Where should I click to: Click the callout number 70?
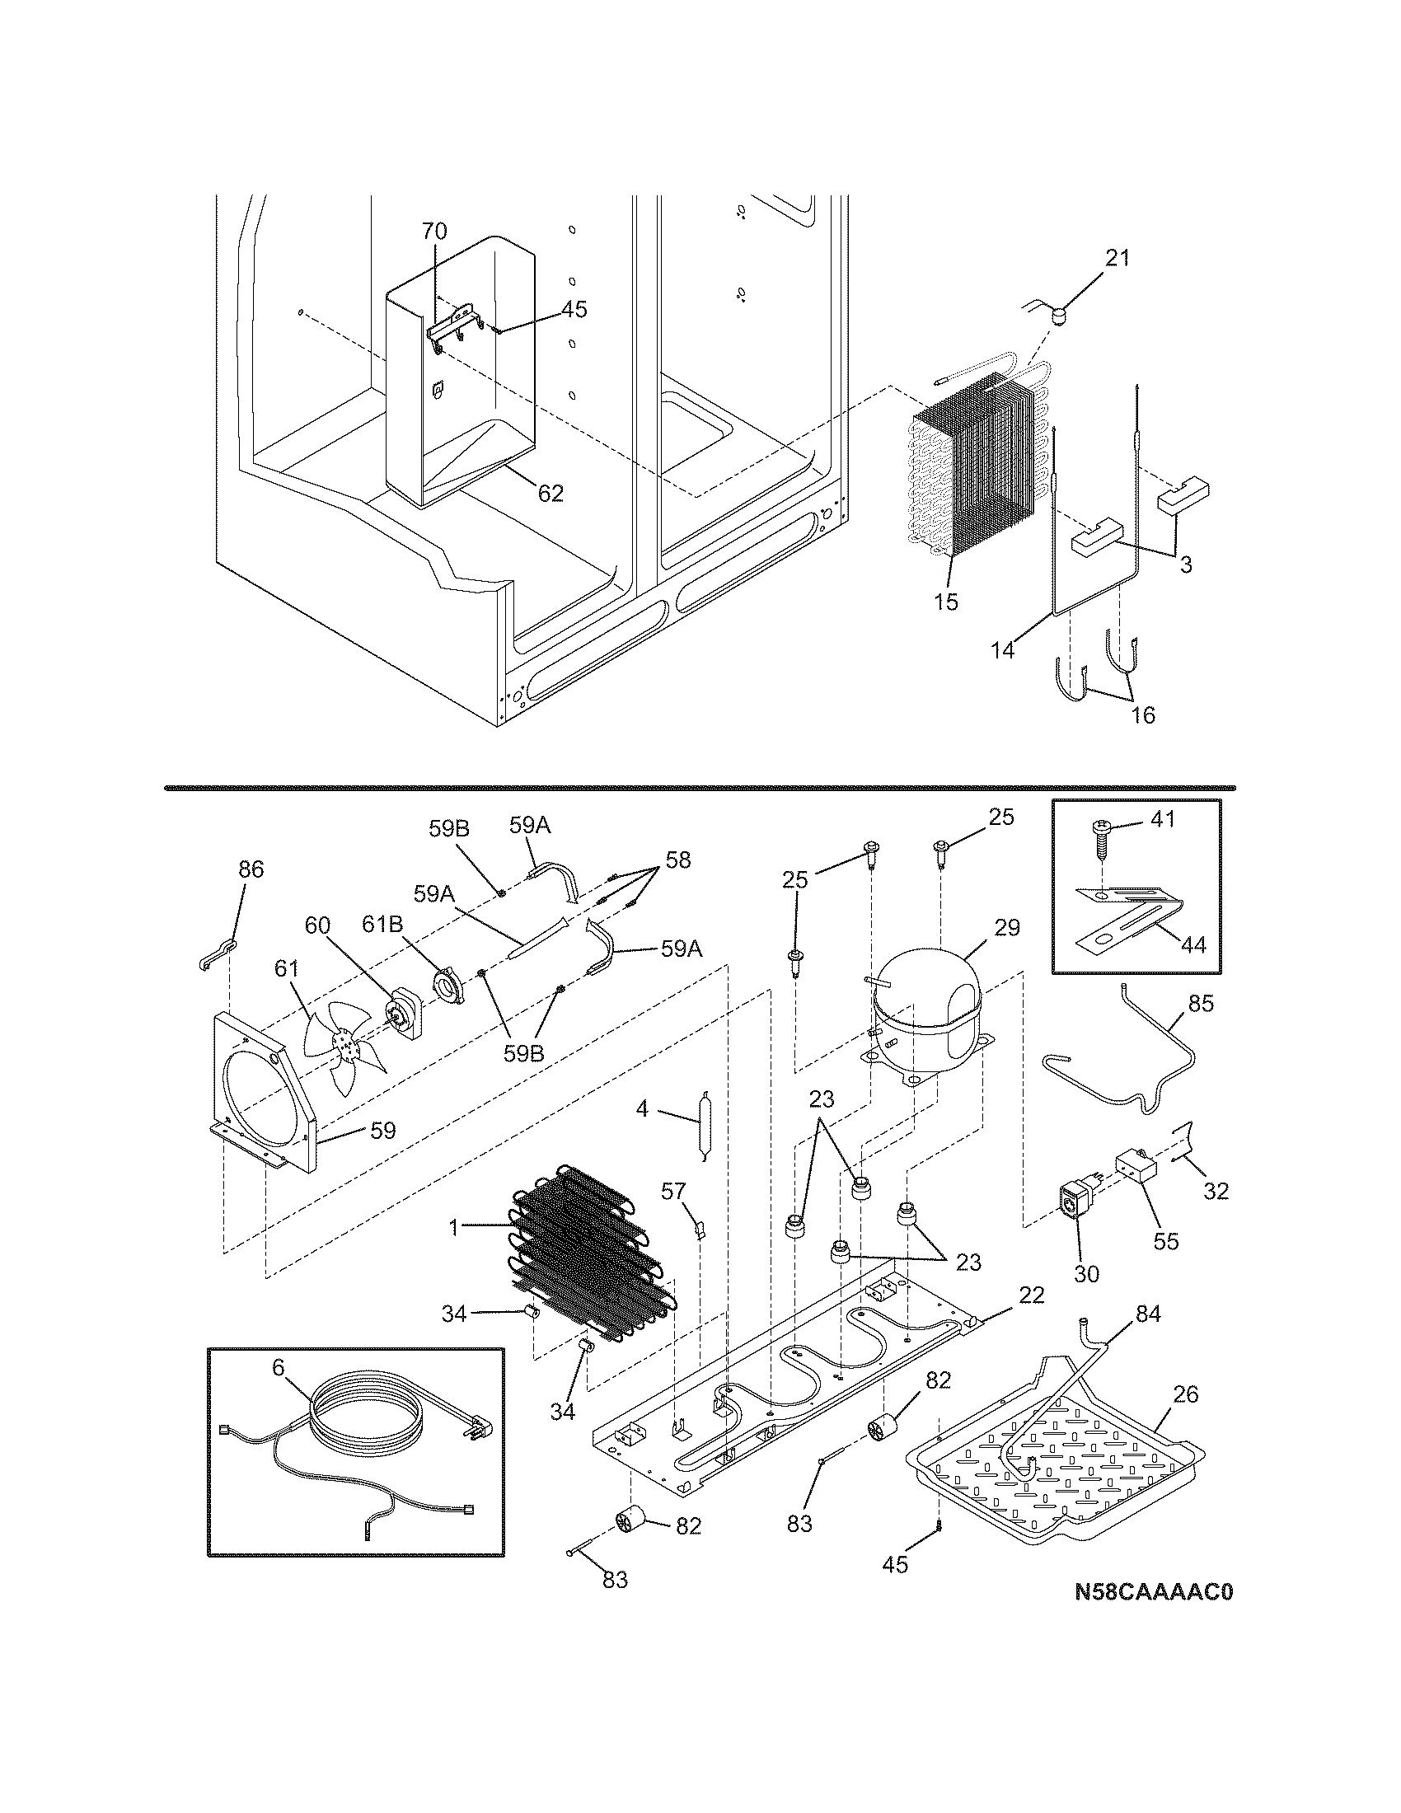434,231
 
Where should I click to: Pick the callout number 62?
551,493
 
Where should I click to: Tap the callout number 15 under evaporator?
945,602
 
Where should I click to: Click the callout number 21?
1118,258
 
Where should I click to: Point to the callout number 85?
1200,1004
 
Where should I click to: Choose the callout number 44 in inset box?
1193,944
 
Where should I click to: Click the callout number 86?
251,869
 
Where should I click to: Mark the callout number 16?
1143,714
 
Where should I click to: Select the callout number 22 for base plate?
1032,1295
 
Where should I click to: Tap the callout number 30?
1086,1273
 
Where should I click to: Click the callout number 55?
1166,1242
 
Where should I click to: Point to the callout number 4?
641,1108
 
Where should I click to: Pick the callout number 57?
673,1192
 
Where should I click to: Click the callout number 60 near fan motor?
317,925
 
